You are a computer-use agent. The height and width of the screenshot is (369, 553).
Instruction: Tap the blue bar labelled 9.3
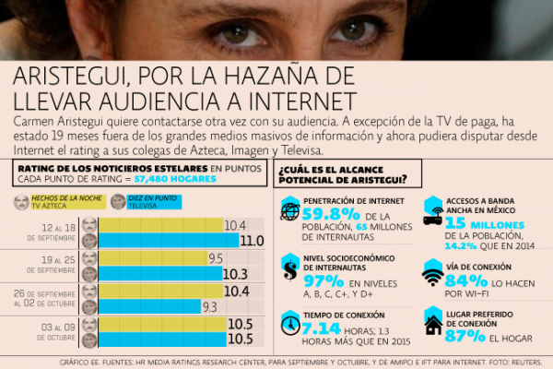148,305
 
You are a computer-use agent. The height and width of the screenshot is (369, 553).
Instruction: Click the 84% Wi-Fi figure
468,280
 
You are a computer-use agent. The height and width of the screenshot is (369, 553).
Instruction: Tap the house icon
432,325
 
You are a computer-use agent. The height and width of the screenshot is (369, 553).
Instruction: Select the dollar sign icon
289,271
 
